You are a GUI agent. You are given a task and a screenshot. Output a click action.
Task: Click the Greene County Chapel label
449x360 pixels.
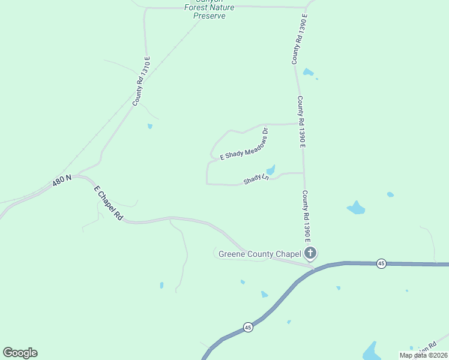[259, 254]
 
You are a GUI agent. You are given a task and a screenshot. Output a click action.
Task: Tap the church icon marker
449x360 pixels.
[310, 253]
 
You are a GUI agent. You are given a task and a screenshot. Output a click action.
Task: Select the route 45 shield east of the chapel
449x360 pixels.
[381, 263]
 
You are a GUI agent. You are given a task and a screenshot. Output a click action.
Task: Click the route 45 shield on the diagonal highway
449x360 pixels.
[248, 327]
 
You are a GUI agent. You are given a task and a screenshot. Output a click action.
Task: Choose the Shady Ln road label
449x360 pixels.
[255, 179]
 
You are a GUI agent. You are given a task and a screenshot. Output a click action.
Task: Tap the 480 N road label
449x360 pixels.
[61, 181]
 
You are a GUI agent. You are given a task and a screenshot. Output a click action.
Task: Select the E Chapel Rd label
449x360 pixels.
[108, 204]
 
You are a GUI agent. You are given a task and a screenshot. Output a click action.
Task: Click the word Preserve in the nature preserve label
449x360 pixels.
[209, 16]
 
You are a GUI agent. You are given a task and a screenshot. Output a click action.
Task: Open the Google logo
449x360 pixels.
[20, 353]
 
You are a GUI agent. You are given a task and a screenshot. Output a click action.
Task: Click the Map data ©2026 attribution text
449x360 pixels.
[423, 355]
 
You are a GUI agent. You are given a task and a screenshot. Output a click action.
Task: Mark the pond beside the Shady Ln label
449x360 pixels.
[271, 170]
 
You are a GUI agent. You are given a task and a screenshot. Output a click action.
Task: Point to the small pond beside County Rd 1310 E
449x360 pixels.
[149, 126]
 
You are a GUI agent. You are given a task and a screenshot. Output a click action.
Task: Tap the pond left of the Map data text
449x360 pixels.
[370, 350]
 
